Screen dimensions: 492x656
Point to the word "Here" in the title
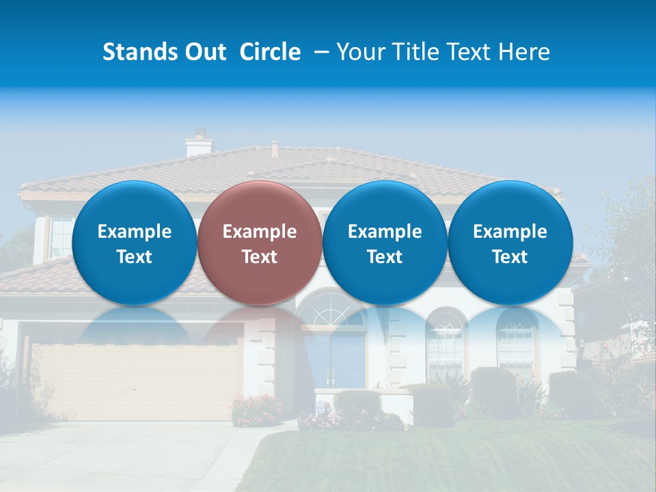click(523, 52)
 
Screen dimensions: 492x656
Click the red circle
click(259, 243)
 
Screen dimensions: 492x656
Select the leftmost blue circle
click(134, 243)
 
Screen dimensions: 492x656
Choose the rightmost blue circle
click(510, 243)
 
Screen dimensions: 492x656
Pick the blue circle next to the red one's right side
click(385, 243)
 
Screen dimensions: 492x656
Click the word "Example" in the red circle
click(259, 232)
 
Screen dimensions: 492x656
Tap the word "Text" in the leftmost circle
click(134, 257)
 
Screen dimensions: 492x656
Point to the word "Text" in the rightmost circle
click(510, 257)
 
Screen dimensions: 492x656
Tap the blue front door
click(334, 359)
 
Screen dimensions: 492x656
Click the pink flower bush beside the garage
click(256, 410)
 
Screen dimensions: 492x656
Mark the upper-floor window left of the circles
click(59, 236)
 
